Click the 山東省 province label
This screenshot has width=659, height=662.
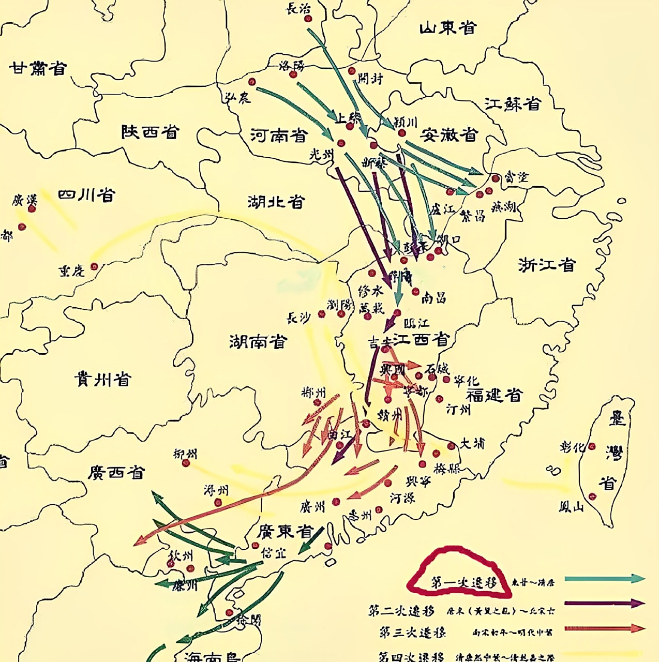[447, 28]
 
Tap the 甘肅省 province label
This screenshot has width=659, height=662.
[38, 68]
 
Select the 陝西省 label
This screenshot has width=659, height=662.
[150, 132]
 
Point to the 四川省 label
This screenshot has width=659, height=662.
[86, 195]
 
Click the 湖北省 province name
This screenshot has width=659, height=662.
[276, 201]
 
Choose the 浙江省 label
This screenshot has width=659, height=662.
[547, 265]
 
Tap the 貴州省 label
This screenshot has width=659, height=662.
[103, 379]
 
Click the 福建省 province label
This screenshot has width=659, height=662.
[494, 396]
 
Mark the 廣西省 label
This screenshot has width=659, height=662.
[116, 472]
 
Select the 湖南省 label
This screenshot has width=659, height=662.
[258, 341]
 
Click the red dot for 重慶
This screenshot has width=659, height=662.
[94, 267]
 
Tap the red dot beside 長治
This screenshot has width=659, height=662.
[308, 19]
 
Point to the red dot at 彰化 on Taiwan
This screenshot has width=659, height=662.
[592, 446]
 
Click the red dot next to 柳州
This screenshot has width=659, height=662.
[186, 463]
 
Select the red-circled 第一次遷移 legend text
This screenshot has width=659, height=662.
[463, 583]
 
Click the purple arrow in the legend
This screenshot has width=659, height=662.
[604, 603]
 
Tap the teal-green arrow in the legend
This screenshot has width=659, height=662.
[604, 579]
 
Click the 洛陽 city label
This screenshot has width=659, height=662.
[292, 65]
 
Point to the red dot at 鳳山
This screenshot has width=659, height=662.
[592, 496]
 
